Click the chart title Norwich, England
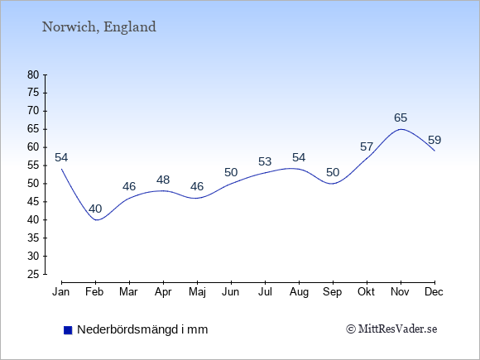coord(98,27)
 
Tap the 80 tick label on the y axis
coord(33,75)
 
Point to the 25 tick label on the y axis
coord(33,274)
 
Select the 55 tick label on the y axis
coord(33,166)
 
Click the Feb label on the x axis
coord(94,292)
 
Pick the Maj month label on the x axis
coord(197,292)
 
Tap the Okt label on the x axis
coord(366,292)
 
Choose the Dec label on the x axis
coord(434,292)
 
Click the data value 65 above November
coord(401,118)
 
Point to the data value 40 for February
coord(95,209)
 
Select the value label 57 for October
coord(367,147)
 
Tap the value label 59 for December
coord(434,140)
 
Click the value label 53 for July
coord(265,161)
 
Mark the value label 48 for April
coord(163,180)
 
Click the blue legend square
coord(68,330)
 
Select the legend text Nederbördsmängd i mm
coord(142,329)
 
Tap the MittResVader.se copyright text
coord(391,329)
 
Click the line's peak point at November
coord(401,129)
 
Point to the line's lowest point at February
coord(96,220)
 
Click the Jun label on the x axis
coord(231,292)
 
